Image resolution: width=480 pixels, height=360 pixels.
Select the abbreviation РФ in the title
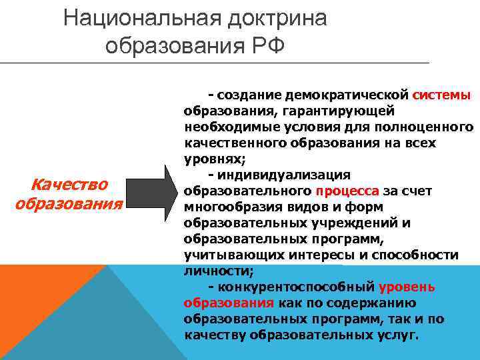(x=266, y=45)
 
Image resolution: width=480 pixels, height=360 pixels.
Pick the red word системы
(x=442, y=95)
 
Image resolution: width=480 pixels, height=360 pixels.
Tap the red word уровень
(x=407, y=287)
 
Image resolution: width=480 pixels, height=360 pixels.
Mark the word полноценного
(x=427, y=127)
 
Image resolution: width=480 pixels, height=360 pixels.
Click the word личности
(x=216, y=271)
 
